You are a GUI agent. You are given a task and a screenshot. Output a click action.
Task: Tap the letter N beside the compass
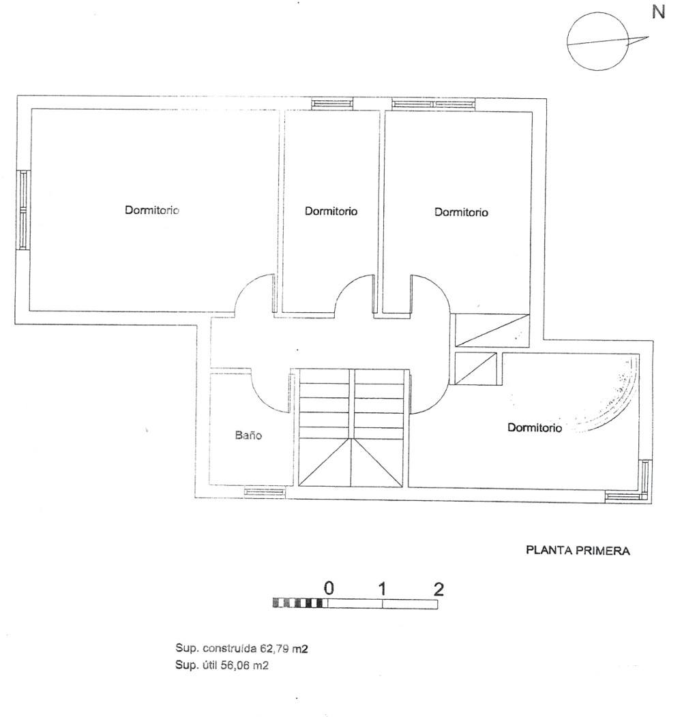tap(659, 12)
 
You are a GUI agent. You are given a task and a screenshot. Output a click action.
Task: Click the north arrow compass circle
tap(597, 43)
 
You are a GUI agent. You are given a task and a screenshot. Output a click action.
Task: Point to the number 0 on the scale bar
tap(329, 588)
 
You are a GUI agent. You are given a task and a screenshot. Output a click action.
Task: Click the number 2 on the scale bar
tap(439, 588)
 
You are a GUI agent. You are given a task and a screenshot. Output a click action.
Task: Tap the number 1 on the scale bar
tap(383, 588)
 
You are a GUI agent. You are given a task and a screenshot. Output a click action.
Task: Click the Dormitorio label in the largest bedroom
tap(151, 210)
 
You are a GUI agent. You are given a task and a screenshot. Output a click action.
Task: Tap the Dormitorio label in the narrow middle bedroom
tap(331, 211)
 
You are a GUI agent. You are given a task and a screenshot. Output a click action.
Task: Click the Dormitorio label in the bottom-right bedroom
tap(535, 428)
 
